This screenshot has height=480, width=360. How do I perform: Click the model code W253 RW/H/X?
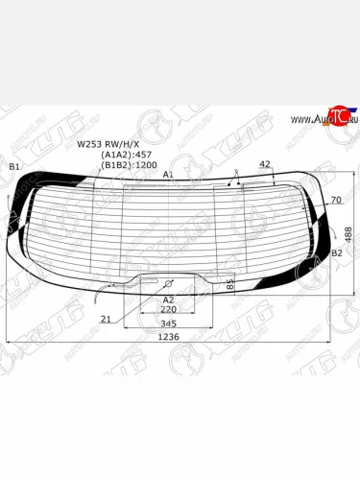tap(108, 146)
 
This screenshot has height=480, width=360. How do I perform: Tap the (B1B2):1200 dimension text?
tap(132, 165)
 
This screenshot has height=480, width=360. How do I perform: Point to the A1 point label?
tap(168, 175)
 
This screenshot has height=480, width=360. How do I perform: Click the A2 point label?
tap(168, 300)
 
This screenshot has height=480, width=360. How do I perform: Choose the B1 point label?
tap(13, 168)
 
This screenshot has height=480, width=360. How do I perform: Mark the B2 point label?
tap(337, 253)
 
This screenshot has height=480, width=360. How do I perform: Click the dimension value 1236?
tap(168, 336)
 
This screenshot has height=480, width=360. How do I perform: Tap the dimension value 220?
tap(168, 310)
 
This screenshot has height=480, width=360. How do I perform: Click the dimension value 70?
tap(335, 200)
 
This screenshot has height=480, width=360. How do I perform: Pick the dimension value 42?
tap(265, 165)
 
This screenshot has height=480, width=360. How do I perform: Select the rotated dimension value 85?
tap(230, 284)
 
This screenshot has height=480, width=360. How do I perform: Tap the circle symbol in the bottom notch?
tap(168, 284)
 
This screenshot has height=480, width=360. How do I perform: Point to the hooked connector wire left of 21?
tap(104, 294)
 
